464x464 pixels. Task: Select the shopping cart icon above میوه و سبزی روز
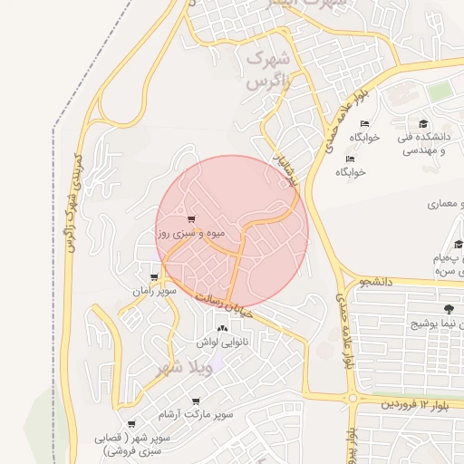[x=190, y=218]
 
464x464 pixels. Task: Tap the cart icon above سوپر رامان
[x=155, y=277]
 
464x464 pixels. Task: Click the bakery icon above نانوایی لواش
[x=222, y=327]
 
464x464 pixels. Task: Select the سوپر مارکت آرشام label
[x=196, y=414]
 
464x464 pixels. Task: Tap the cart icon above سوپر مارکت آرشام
[x=196, y=400]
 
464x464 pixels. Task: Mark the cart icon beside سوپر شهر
[x=132, y=423]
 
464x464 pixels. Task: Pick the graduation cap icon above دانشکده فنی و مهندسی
[x=423, y=123]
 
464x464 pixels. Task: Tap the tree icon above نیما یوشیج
[x=449, y=309]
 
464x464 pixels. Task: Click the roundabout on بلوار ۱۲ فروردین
[x=352, y=398]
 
